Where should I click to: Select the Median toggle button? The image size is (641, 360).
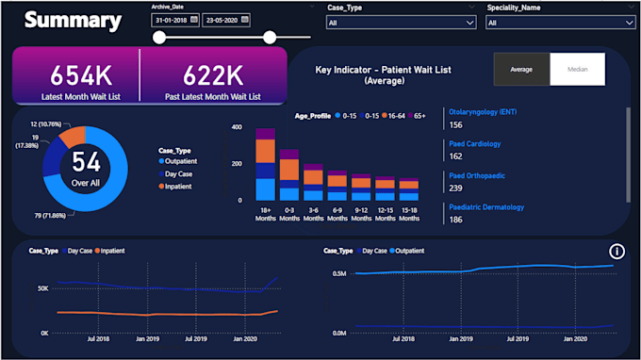pyautogui.click(x=577, y=70)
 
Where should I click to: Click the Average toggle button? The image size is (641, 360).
pyautogui.click(x=521, y=70)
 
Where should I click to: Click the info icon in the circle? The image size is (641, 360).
pyautogui.click(x=617, y=251)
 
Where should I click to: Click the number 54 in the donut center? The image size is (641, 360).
pyautogui.click(x=86, y=160)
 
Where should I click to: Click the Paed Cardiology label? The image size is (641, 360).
pyautogui.click(x=475, y=144)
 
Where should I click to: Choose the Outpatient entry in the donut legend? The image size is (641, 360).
pyautogui.click(x=187, y=161)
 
